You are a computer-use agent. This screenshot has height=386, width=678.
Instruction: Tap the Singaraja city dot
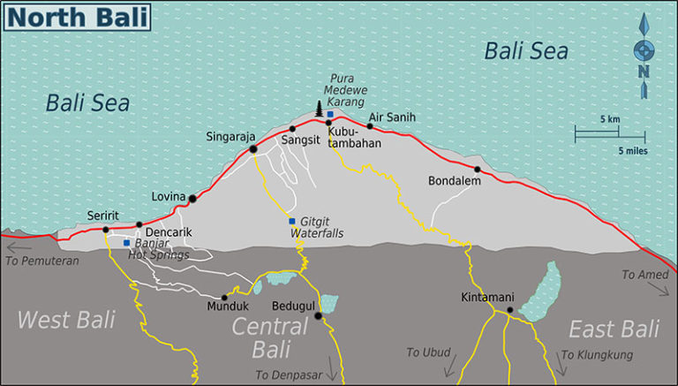[x=253, y=149]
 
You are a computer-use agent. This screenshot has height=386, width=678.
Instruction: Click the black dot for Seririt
[x=105, y=230]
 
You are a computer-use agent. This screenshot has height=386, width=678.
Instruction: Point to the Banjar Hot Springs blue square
[x=127, y=242]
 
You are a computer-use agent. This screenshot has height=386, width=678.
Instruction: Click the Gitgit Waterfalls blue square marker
[x=291, y=221]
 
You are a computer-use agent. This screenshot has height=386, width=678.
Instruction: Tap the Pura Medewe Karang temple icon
[x=319, y=110]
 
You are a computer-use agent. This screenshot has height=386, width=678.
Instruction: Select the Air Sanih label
[x=392, y=117]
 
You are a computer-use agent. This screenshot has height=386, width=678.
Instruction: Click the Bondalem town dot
[x=477, y=170]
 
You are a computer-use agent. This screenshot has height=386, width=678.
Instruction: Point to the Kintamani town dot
[x=510, y=310]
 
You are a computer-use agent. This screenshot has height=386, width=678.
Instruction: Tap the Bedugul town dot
[x=318, y=314]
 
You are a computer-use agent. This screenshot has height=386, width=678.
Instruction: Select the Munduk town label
[x=223, y=307]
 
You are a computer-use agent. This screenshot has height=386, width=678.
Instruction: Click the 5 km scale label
[x=610, y=119]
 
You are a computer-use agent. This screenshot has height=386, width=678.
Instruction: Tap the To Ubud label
[x=429, y=352]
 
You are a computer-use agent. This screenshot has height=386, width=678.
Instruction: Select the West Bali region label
[x=67, y=320]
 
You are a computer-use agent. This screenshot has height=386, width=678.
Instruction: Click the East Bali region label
[x=614, y=329]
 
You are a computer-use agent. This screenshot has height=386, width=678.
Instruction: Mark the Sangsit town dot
[x=292, y=129]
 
